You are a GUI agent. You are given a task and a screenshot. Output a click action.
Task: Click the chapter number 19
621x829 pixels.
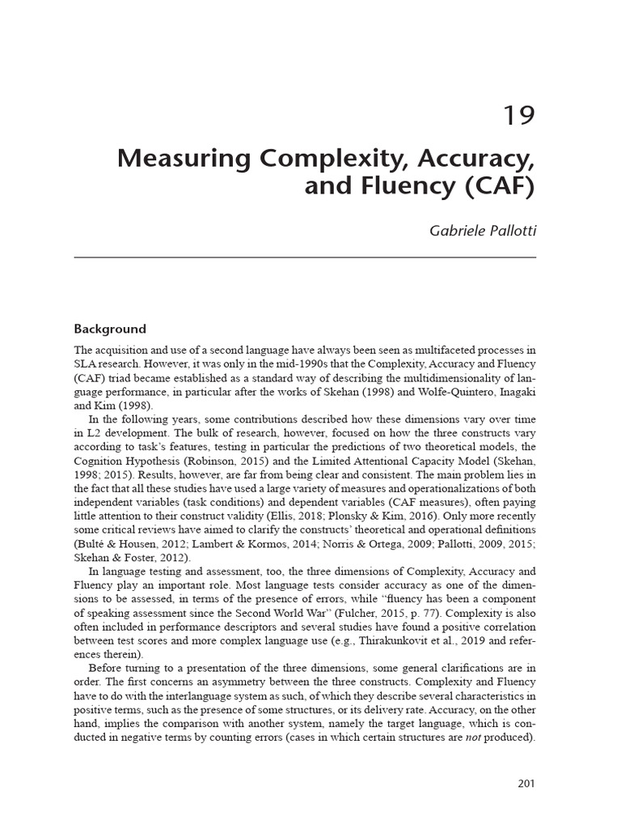point(519,117)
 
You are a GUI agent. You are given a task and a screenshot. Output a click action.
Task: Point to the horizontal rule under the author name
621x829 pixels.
point(305,257)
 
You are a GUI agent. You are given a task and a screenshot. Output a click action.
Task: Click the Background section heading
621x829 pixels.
point(110,329)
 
